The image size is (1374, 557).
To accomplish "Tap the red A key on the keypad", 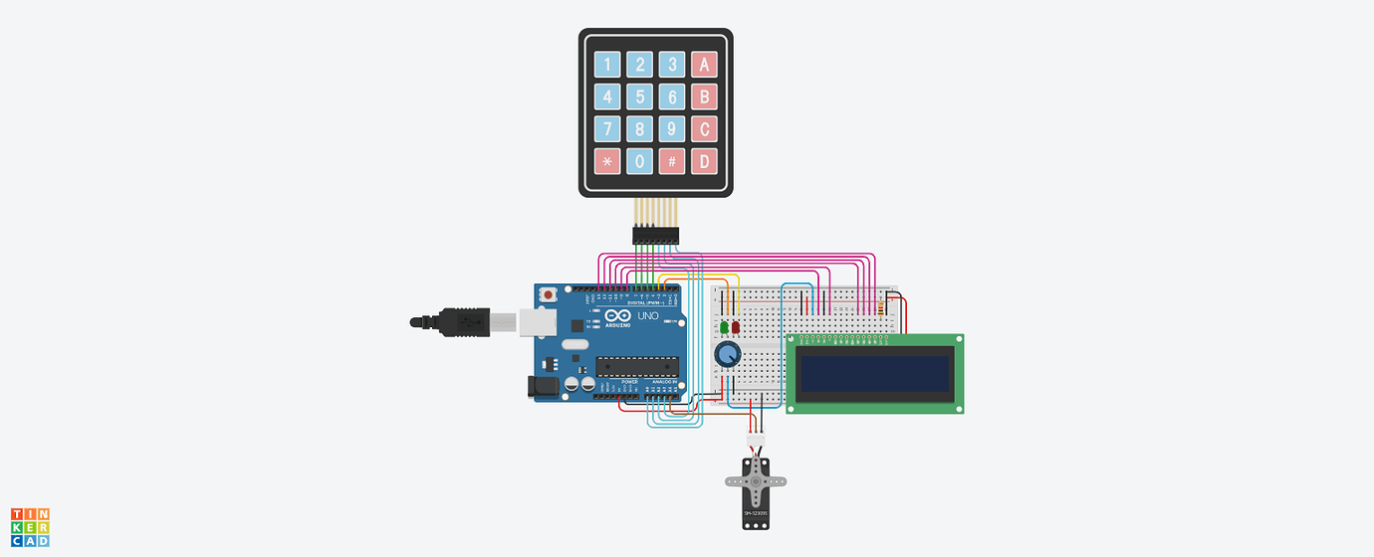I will pyautogui.click(x=705, y=66).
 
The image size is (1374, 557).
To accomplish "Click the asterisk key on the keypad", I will pyautogui.click(x=607, y=161).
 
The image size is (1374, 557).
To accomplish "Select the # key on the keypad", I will pyautogui.click(x=672, y=161).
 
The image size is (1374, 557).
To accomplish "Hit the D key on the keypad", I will pyautogui.click(x=705, y=161).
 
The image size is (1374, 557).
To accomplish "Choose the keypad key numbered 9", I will pyautogui.click(x=672, y=129).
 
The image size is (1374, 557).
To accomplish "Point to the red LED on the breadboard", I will pyautogui.click(x=736, y=326).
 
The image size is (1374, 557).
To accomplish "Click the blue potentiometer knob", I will pyautogui.click(x=728, y=355).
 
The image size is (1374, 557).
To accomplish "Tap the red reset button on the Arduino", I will pyautogui.click(x=549, y=295).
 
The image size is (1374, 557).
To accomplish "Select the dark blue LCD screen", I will pyautogui.click(x=874, y=373).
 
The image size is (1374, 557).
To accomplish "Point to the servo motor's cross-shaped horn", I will pyautogui.click(x=756, y=481).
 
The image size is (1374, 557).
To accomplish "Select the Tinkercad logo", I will pyautogui.click(x=30, y=527).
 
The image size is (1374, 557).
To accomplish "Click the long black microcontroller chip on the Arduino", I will pyautogui.click(x=637, y=367).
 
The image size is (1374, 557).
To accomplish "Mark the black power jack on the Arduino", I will pyautogui.click(x=543, y=387).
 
